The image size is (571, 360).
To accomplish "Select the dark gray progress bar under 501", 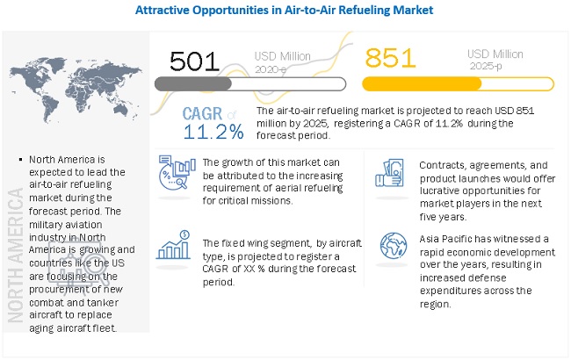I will [x=192, y=83].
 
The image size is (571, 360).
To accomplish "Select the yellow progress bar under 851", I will [x=422, y=83].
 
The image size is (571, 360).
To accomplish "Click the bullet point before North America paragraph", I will [x=20, y=159].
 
